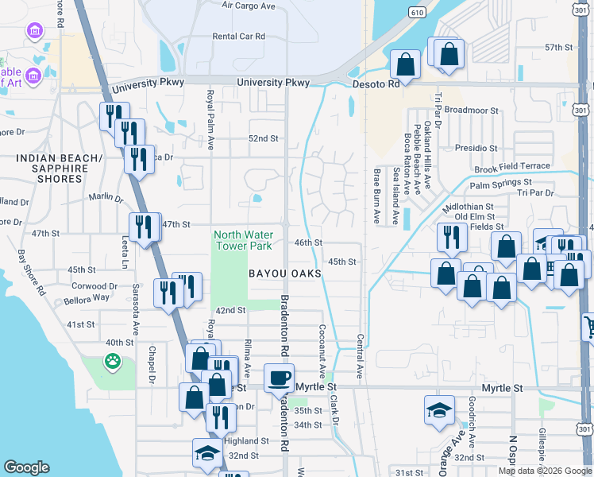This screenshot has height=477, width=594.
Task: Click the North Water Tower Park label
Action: [x=242, y=240]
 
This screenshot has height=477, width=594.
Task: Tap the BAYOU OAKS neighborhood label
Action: [x=285, y=273]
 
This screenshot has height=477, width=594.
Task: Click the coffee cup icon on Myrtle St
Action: [x=279, y=378]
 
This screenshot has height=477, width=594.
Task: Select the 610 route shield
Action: [x=416, y=12]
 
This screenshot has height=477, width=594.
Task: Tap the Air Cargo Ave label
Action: [x=248, y=5]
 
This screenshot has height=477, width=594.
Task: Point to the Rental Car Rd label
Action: [x=238, y=36]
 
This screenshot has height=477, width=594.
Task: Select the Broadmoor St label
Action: [x=470, y=111]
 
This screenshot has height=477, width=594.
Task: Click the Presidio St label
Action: [x=476, y=148]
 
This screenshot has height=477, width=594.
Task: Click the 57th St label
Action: [x=559, y=48]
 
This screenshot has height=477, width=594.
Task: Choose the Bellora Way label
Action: [x=89, y=297]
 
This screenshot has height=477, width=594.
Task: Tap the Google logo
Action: [x=27, y=467]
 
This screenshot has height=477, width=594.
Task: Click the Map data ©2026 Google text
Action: [x=544, y=471]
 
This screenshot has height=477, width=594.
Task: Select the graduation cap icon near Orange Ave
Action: [x=439, y=410]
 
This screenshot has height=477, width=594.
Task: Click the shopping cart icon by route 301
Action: [x=588, y=327]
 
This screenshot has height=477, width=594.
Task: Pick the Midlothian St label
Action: [x=468, y=206]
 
